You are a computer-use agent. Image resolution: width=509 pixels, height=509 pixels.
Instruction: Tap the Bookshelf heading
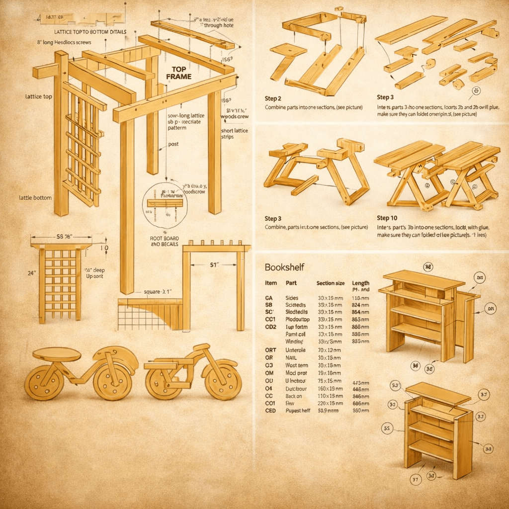[x=284, y=267]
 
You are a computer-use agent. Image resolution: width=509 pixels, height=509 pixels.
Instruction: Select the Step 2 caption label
[x=273, y=97]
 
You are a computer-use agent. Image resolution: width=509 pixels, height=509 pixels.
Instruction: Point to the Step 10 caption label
[x=387, y=218]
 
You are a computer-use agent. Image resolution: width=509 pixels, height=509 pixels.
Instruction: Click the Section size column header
[x=331, y=283]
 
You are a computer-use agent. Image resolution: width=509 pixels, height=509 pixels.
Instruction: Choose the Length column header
[x=360, y=283]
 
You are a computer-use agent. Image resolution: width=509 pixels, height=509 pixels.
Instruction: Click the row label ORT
[x=270, y=350]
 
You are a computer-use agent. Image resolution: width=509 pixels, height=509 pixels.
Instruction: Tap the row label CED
[x=270, y=411]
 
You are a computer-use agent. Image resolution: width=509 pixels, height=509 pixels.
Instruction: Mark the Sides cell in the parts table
[x=292, y=297]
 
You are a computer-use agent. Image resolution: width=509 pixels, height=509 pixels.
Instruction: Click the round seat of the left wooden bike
[x=57, y=354]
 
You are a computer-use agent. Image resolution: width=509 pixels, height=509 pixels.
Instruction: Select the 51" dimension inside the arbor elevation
[x=215, y=265]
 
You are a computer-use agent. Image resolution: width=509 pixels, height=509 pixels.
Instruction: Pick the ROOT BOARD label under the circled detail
[x=164, y=239]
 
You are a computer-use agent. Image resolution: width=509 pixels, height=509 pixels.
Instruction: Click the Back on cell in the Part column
[x=294, y=396]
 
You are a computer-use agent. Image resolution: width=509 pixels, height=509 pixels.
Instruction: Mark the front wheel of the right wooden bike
[x=223, y=382]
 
